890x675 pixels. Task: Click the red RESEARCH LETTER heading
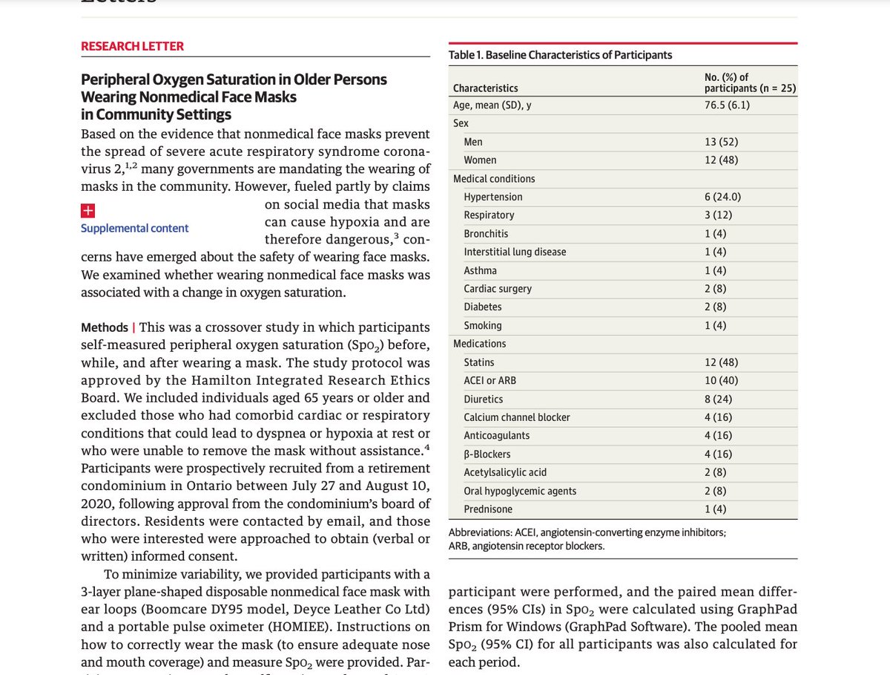pyautogui.click(x=132, y=46)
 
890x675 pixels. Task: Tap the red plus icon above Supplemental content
pyautogui.click(x=88, y=210)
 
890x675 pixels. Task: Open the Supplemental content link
pyautogui.click(x=134, y=228)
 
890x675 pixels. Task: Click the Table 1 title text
pyautogui.click(x=560, y=55)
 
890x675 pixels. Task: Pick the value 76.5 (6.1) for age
pyautogui.click(x=726, y=105)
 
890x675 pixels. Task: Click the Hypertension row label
pyautogui.click(x=492, y=197)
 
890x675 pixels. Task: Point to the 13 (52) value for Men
pyautogui.click(x=721, y=142)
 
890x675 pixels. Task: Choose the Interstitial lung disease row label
pyautogui.click(x=515, y=252)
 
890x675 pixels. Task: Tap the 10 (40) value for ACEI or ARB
pyautogui.click(x=721, y=381)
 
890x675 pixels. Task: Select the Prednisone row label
pyautogui.click(x=488, y=509)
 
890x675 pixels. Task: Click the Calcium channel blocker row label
pyautogui.click(x=517, y=417)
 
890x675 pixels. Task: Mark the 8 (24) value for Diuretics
pyautogui.click(x=718, y=399)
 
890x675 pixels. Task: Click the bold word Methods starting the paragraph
pyautogui.click(x=104, y=327)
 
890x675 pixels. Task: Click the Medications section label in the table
pyautogui.click(x=479, y=344)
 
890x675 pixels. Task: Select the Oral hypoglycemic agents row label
pyautogui.click(x=520, y=491)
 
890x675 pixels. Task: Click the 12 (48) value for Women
pyautogui.click(x=721, y=160)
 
